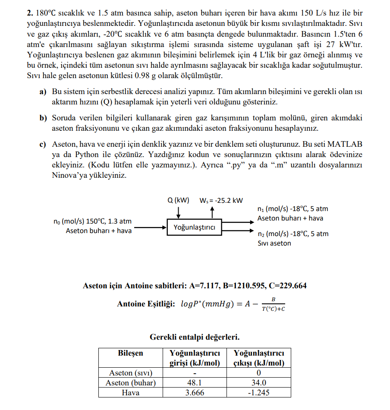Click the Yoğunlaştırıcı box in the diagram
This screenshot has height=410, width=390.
(195, 227)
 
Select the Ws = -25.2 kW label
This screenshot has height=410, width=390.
(221, 200)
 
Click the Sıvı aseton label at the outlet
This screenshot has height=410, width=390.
(274, 243)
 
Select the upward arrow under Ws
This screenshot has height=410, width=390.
(212, 212)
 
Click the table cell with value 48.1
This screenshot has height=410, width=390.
(195, 382)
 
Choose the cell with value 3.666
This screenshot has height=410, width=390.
(195, 392)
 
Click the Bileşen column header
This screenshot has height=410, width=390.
(130, 353)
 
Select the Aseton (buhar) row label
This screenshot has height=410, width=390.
(130, 382)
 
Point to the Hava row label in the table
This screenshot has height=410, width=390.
(130, 392)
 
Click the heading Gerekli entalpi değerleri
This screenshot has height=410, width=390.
(195, 336)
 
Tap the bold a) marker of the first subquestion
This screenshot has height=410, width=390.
(43, 92)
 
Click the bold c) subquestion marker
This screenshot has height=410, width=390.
(43, 144)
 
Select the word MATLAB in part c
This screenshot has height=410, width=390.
(345, 144)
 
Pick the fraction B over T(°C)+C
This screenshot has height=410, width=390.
(273, 304)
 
